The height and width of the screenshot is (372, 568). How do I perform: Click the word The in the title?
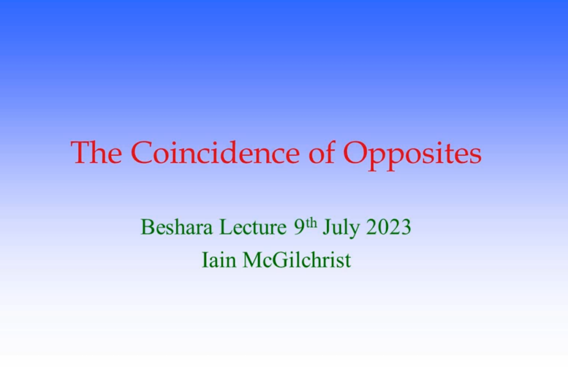(x=96, y=152)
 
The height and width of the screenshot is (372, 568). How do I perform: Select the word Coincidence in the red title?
(x=215, y=152)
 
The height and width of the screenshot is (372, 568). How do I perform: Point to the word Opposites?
(x=412, y=155)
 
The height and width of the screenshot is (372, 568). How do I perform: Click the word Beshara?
(x=176, y=227)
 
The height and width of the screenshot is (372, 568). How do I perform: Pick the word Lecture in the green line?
(x=253, y=227)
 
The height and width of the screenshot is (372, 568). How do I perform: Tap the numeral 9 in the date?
(x=299, y=227)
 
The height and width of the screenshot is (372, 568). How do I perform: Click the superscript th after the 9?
(x=311, y=223)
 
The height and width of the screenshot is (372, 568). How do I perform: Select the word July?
(x=341, y=228)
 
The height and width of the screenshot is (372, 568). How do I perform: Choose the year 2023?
(x=389, y=227)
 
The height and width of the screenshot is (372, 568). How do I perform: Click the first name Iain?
(x=219, y=260)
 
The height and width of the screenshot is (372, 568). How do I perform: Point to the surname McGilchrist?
(x=297, y=260)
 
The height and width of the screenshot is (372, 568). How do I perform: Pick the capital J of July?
(x=327, y=228)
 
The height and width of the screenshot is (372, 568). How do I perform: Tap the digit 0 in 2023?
(x=383, y=227)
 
